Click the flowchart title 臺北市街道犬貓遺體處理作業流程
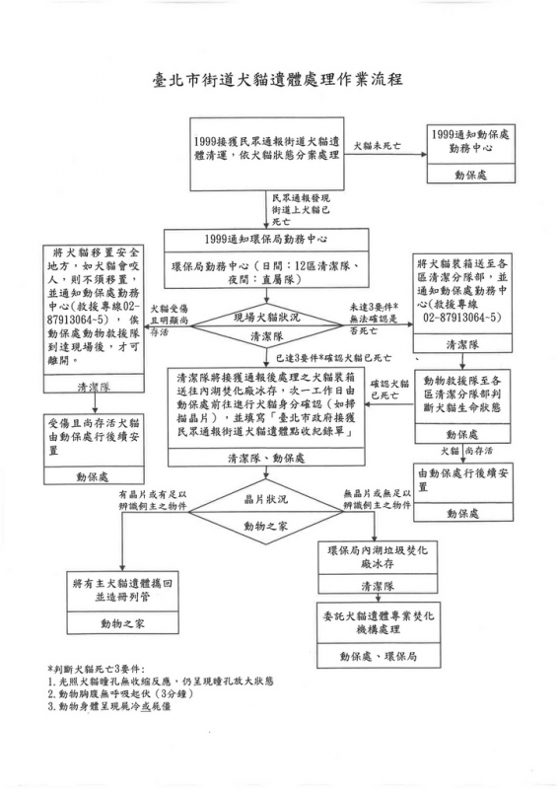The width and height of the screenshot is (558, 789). click(278, 80)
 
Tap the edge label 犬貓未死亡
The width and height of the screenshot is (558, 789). click(378, 146)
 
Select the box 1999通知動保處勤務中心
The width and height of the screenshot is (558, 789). click(471, 154)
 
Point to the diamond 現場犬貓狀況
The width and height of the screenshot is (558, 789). click(267, 326)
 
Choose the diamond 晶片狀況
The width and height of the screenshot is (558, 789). click(266, 512)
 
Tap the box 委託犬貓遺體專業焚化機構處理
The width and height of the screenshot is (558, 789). click(379, 634)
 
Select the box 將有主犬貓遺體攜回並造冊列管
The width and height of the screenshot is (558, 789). click(122, 602)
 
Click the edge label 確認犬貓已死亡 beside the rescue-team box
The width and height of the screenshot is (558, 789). click(385, 390)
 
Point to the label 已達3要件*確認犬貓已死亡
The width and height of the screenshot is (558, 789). click(333, 358)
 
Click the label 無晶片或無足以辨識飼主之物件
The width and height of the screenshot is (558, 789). click(378, 499)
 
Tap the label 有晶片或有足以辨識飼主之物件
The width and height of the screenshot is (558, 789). click(153, 500)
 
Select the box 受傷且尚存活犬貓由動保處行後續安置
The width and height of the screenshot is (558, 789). click(94, 449)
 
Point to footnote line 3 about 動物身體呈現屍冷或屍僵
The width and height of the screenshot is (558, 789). click(112, 706)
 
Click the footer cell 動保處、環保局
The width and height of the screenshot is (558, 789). click(379, 656)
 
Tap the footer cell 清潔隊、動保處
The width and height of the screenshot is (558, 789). click(266, 458)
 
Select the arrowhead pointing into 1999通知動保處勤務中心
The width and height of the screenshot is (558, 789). click(424, 154)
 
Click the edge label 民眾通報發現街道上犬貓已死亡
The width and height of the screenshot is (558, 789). click(301, 209)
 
